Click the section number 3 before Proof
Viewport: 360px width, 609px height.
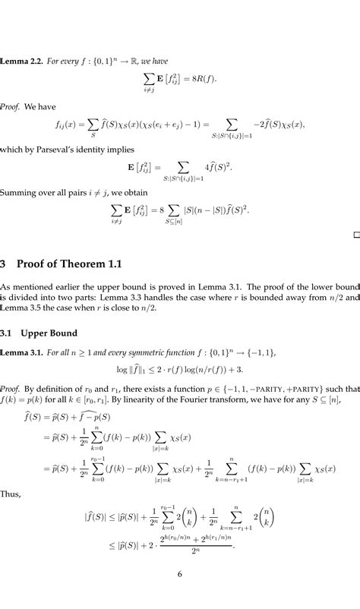pyautogui.click(x=4, y=264)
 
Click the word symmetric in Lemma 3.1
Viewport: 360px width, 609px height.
pyautogui.click(x=152, y=354)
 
